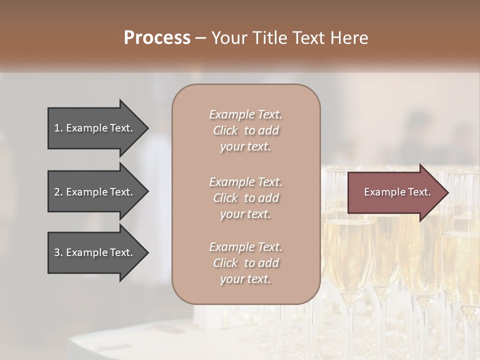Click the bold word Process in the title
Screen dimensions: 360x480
[x=157, y=38]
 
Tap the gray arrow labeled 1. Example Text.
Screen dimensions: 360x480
[x=95, y=128]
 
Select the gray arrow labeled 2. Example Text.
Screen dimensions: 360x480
[x=95, y=192]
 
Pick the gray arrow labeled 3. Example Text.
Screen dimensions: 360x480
[x=95, y=252]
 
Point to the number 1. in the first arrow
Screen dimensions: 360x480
[x=58, y=128]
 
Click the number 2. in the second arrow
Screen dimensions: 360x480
[x=58, y=192]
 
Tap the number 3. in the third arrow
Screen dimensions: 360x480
[x=58, y=252]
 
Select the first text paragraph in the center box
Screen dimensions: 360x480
[x=245, y=130]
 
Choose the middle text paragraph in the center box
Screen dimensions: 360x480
[x=245, y=197]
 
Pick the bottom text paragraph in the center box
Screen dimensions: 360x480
[x=245, y=263]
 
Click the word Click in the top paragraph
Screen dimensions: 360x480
[x=225, y=130]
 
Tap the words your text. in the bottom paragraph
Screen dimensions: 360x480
[x=245, y=279]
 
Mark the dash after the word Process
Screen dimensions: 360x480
[x=200, y=38]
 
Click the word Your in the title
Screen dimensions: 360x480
[x=226, y=38]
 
